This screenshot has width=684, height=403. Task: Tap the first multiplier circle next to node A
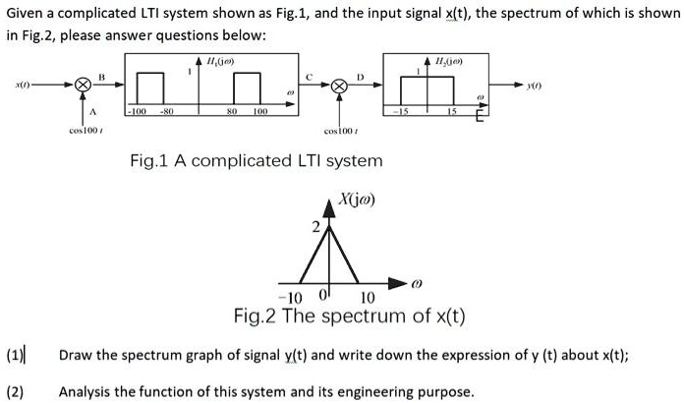coord(84,86)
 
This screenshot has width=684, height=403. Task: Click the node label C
coord(312,76)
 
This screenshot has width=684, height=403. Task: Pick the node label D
coord(360,76)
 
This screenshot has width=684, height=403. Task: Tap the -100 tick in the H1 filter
coord(139,112)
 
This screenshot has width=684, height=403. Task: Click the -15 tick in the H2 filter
coord(401,112)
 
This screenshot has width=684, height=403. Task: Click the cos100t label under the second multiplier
coord(340,131)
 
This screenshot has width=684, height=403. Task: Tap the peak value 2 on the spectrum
coord(315,228)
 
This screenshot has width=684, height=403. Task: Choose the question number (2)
coord(16,391)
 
